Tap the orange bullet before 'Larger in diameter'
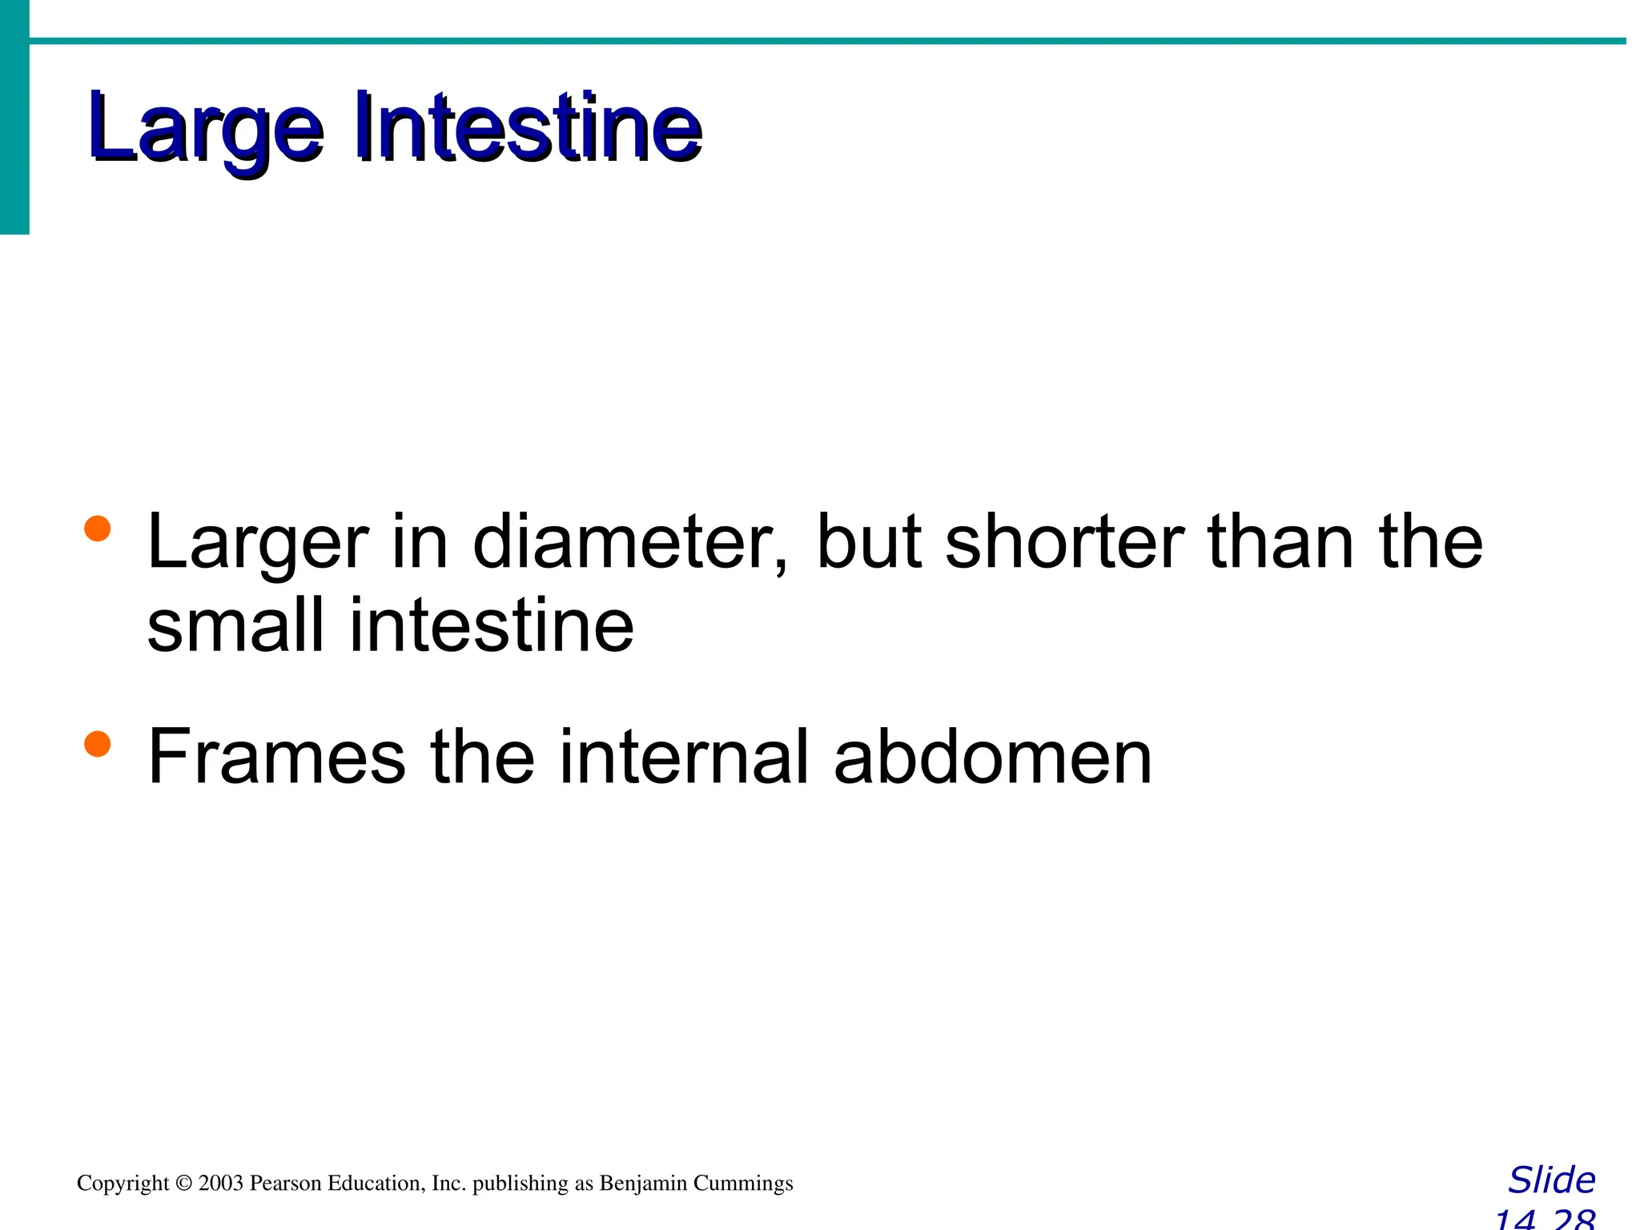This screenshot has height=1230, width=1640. pyautogui.click(x=97, y=529)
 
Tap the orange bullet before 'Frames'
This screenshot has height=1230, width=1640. pyautogui.click(x=97, y=743)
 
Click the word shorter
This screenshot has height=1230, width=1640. pyautogui.click(x=1064, y=543)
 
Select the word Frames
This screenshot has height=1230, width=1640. pyautogui.click(x=277, y=757)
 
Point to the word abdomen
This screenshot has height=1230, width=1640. pyautogui.click(x=992, y=757)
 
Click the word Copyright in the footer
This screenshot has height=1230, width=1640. pyautogui.click(x=123, y=1184)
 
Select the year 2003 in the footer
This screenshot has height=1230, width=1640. pyautogui.click(x=220, y=1184)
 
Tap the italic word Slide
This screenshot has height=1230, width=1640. pyautogui.click(x=1551, y=1180)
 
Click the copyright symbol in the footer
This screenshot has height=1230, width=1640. pyautogui.click(x=184, y=1184)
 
